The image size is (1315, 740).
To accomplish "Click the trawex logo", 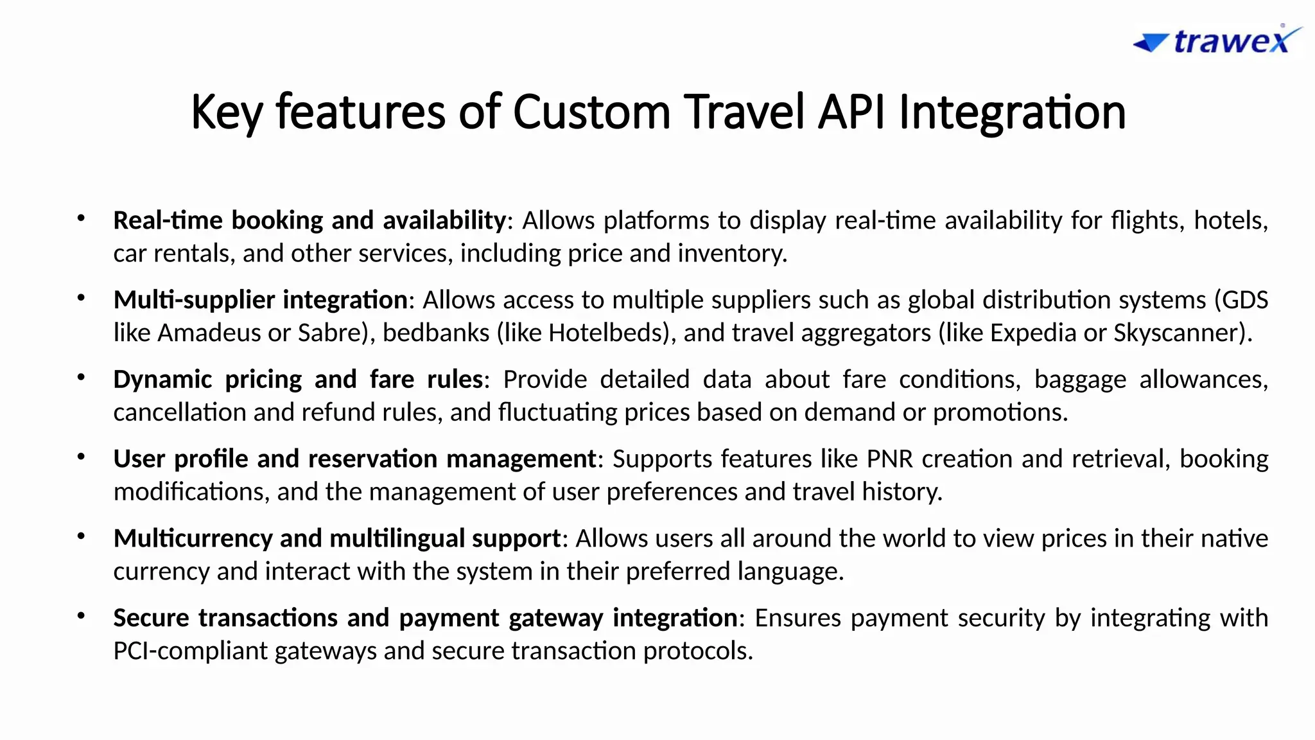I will pyautogui.click(x=1217, y=40).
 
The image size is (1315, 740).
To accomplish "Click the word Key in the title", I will pyautogui.click(x=226, y=112).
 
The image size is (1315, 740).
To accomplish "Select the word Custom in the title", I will pyautogui.click(x=591, y=112).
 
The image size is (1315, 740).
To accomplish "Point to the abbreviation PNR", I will pyautogui.click(x=890, y=459).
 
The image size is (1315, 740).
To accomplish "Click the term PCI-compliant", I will pyautogui.click(x=191, y=651).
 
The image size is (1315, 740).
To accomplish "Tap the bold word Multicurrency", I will pyautogui.click(x=193, y=538).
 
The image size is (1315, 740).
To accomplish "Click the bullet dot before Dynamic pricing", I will pyautogui.click(x=81, y=378).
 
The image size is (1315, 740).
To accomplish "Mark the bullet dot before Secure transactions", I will pyautogui.click(x=81, y=616).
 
